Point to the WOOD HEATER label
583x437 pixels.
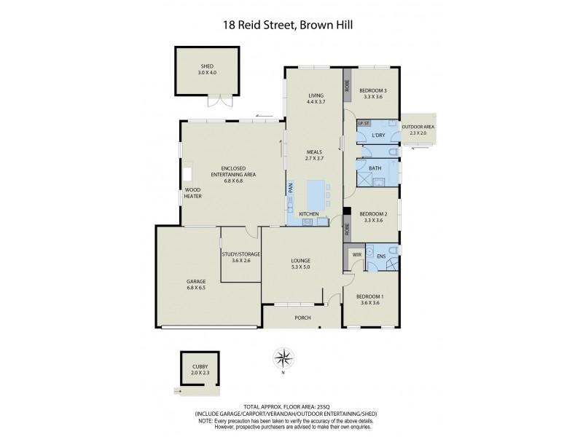[x=193, y=193]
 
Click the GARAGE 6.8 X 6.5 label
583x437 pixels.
[x=195, y=284]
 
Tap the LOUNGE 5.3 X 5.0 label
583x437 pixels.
[x=301, y=263]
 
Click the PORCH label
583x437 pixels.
[x=302, y=318]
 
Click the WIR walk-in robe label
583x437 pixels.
[x=356, y=255]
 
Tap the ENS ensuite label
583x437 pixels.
[x=381, y=256]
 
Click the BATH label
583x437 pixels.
[x=375, y=168]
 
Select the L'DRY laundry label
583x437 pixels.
[x=378, y=135]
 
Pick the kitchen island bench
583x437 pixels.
[x=316, y=194]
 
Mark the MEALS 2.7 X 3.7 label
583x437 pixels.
[x=314, y=154]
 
